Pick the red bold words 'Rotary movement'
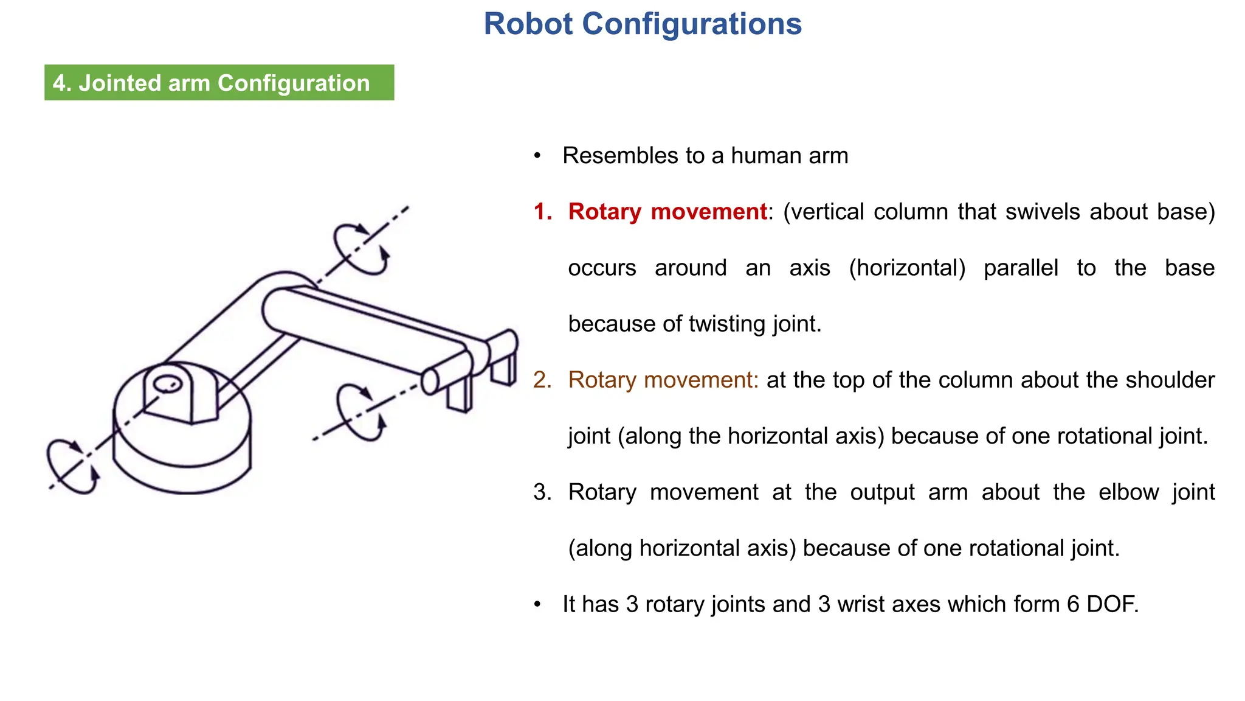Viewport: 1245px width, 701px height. pos(667,212)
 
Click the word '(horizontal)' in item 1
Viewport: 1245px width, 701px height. pos(907,268)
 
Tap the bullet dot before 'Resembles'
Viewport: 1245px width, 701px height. pos(537,156)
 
